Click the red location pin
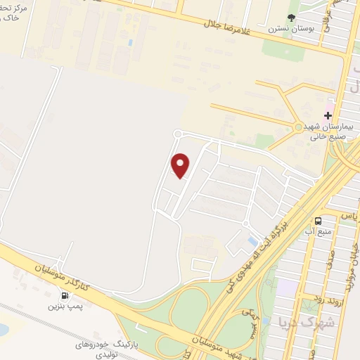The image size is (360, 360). (x=181, y=165)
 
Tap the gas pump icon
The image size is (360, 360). (x=65, y=296)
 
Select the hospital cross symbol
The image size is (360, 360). (x=328, y=115)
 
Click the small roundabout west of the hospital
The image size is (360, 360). (x=298, y=127)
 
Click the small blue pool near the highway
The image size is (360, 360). (x=252, y=242)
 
